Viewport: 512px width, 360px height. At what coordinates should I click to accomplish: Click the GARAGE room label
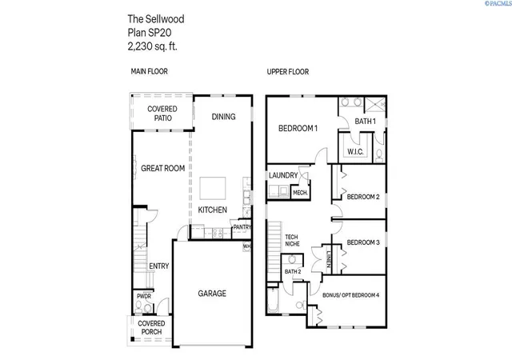(x=212, y=294)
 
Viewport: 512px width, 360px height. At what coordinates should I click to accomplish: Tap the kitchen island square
(x=213, y=188)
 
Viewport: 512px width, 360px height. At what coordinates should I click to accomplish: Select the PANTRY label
(x=242, y=227)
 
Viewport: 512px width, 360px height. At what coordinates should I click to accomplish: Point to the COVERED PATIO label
(x=162, y=114)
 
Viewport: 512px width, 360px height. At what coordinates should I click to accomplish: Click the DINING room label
(x=223, y=117)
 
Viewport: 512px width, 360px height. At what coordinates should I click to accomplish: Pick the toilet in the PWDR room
(x=138, y=306)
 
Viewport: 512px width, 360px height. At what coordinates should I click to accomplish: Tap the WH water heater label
(x=247, y=246)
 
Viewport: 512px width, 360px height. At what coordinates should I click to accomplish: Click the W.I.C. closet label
(x=355, y=152)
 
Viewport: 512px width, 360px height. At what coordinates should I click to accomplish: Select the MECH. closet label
(x=300, y=193)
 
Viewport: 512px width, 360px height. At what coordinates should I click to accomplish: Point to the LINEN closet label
(x=329, y=259)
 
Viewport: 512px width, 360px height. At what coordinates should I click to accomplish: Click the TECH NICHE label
(x=292, y=241)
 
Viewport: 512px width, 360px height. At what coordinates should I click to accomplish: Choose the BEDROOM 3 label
(x=363, y=242)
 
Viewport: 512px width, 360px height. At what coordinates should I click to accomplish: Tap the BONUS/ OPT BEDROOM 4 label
(x=350, y=295)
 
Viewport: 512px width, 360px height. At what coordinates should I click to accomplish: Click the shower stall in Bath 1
(x=375, y=105)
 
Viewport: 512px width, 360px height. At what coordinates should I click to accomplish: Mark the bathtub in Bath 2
(x=273, y=300)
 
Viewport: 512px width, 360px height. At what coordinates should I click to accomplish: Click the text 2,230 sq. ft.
(x=152, y=46)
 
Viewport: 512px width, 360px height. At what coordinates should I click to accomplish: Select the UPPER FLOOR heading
(x=288, y=71)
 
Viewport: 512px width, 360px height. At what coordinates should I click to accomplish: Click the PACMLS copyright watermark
(x=498, y=3)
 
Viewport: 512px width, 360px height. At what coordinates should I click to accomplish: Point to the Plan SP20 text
(x=150, y=33)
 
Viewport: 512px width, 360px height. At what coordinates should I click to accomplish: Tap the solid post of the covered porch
(x=133, y=339)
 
